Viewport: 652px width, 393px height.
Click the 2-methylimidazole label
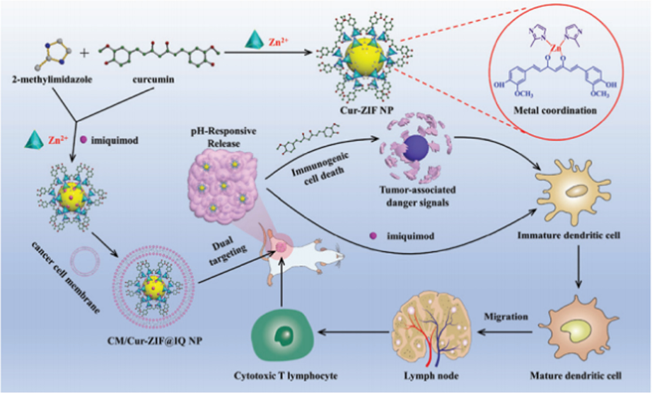tap(52, 80)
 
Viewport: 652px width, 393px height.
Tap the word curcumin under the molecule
tap(153, 80)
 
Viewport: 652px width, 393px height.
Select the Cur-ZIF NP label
tap(366, 110)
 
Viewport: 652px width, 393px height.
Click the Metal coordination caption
tap(555, 110)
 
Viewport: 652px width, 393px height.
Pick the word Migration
tap(506, 317)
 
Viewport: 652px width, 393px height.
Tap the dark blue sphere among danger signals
tap(416, 149)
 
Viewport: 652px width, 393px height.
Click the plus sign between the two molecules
tap(84, 53)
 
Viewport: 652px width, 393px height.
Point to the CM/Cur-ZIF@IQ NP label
tap(155, 341)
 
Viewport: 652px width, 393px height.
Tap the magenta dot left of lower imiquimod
tap(373, 236)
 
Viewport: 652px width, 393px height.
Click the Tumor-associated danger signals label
tap(417, 196)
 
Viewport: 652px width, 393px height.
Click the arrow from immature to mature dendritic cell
tap(578, 266)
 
